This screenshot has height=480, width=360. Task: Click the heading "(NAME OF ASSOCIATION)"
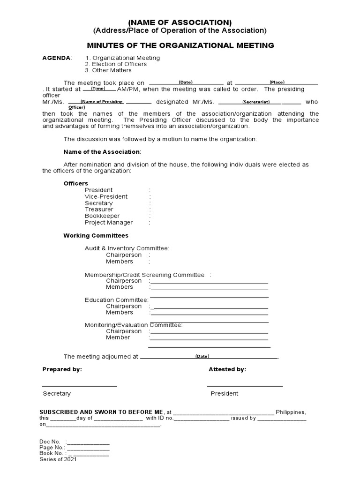click(x=180, y=22)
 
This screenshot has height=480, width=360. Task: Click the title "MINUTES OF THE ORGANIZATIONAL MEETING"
click(x=180, y=45)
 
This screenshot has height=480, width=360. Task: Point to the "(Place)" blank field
click(x=276, y=82)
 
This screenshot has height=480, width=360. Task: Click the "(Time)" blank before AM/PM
click(x=98, y=89)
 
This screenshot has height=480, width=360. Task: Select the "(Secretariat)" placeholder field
click(x=255, y=102)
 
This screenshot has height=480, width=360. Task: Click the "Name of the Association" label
click(x=102, y=152)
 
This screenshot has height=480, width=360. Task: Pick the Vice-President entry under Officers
click(x=106, y=196)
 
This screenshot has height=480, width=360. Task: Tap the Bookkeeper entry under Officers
click(x=102, y=216)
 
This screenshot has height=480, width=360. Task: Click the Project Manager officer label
click(x=108, y=223)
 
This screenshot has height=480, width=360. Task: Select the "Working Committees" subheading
click(x=96, y=235)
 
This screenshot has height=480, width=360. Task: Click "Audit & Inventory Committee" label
click(x=127, y=248)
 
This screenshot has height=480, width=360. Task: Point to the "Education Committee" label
click(x=116, y=300)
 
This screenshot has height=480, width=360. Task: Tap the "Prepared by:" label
click(x=62, y=369)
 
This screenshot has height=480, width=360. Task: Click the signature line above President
click(x=245, y=386)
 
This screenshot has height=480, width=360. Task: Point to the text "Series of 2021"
click(x=58, y=459)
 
